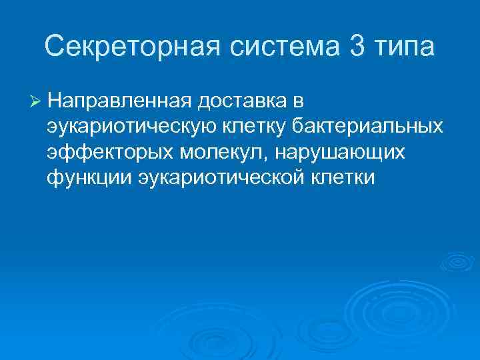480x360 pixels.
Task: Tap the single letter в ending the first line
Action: coord(298,101)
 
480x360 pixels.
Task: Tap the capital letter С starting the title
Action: coord(55,47)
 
